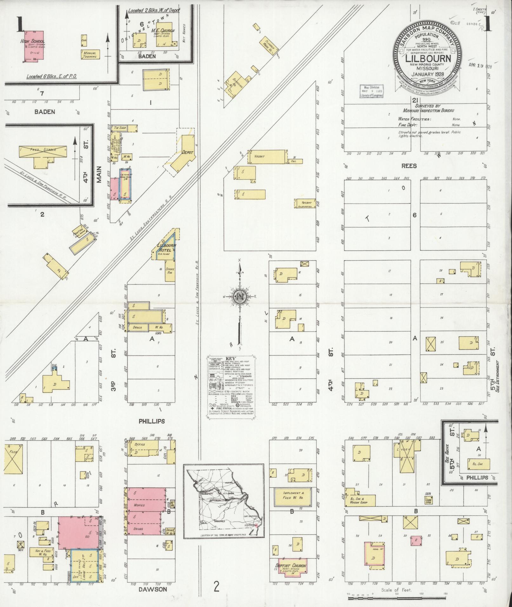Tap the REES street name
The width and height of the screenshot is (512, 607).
click(409, 166)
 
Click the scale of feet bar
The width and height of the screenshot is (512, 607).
click(397, 598)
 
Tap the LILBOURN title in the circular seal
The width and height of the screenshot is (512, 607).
click(428, 59)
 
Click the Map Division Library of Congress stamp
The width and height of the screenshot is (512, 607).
click(371, 91)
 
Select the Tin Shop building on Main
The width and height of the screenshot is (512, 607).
click(123, 129)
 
